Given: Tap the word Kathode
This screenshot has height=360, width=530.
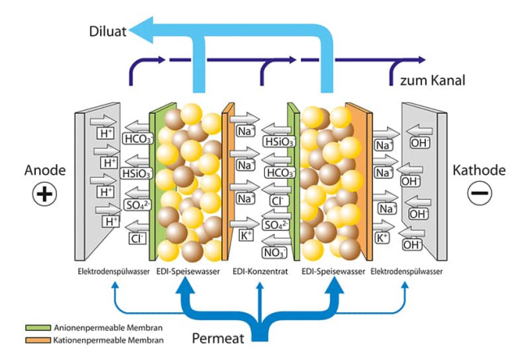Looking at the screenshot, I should coord(479,171).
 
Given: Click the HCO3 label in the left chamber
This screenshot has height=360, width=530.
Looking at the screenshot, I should coord(135,139).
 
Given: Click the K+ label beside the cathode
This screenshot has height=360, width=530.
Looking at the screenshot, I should coord(382,237).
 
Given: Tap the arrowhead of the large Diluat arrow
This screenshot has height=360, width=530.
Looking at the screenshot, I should coord(140,31).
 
